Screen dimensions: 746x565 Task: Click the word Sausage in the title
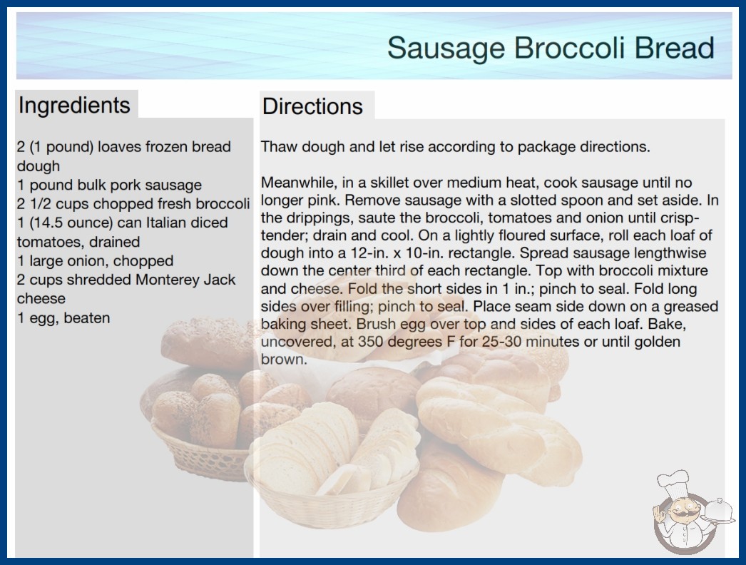point(446,49)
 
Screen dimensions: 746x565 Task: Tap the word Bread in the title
point(674,48)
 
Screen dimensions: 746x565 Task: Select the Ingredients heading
point(74,105)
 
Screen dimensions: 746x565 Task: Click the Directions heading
point(312,106)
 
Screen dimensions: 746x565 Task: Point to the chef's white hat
point(674,482)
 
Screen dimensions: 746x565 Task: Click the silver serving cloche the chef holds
point(718,511)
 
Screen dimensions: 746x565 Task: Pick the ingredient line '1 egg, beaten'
point(63,317)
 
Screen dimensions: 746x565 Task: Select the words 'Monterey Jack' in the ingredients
point(185,280)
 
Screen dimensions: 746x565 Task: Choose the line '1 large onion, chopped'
point(95,261)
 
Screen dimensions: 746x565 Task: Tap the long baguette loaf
point(449,486)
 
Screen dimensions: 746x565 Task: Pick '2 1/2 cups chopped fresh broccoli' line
point(133,204)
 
